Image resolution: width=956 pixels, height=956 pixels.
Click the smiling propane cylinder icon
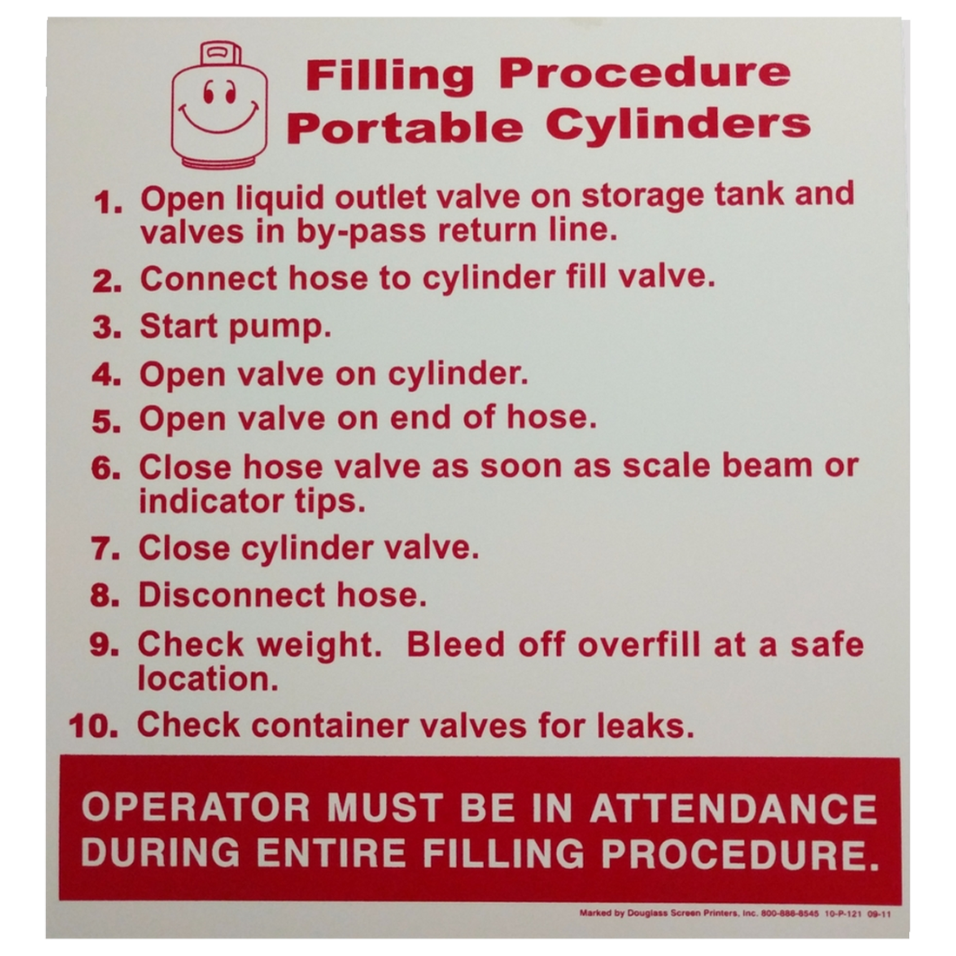[220, 105]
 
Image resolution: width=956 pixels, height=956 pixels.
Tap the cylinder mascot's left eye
[207, 91]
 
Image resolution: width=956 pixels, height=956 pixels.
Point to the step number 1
[108, 202]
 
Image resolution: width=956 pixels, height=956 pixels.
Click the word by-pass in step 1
[361, 232]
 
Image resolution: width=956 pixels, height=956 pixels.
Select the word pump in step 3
[279, 329]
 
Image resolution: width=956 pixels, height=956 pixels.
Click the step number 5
[106, 422]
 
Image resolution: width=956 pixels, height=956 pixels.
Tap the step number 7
[105, 548]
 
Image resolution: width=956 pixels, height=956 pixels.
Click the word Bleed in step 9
[455, 645]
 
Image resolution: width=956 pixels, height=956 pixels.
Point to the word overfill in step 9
[639, 645]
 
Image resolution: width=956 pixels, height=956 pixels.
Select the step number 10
[94, 727]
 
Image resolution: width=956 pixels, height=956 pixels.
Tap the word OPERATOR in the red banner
[196, 808]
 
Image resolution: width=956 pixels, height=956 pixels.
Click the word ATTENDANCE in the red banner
[734, 808]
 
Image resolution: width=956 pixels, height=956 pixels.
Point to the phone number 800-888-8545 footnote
[790, 914]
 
